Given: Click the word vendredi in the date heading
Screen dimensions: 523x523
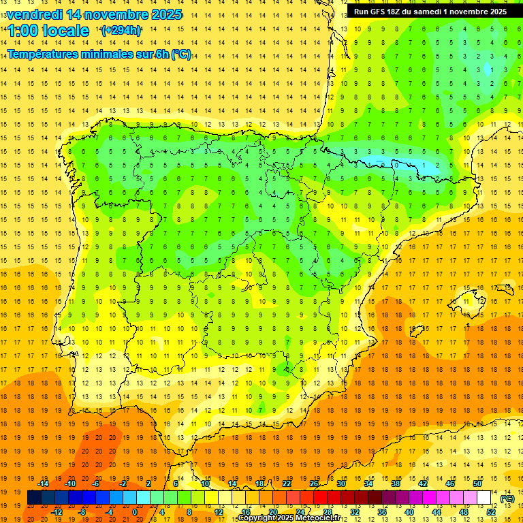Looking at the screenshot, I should [x=35, y=14].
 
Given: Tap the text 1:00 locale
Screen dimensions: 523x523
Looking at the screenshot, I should [x=48, y=31].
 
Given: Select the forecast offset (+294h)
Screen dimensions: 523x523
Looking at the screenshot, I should [x=121, y=30].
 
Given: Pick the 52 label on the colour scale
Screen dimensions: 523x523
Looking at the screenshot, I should [x=491, y=511].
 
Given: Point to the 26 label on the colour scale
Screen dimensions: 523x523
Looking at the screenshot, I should [x=314, y=484].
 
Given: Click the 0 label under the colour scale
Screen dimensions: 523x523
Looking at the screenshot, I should [x=135, y=511].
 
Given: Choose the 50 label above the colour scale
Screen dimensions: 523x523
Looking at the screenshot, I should [x=477, y=484].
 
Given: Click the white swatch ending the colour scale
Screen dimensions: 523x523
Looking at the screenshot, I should [x=484, y=497].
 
